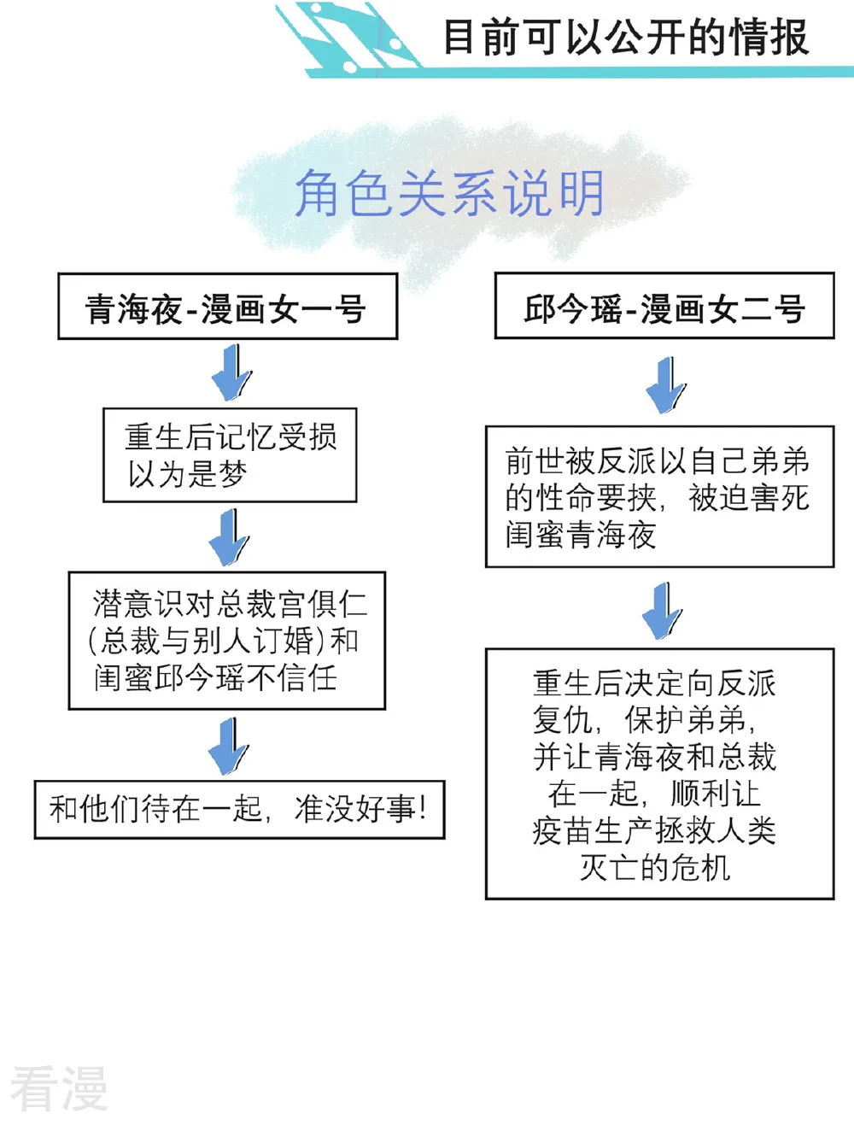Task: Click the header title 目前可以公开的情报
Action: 625,37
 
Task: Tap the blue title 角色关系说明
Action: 449,193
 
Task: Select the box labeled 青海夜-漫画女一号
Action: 227,306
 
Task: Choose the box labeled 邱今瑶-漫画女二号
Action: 664,306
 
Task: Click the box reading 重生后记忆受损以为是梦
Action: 230,455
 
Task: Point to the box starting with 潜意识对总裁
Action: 227,641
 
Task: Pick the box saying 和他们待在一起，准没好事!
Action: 239,809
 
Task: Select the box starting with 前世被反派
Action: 660,496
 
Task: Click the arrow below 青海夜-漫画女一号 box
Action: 232,372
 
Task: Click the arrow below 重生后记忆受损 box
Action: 229,537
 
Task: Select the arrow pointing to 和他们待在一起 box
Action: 229,747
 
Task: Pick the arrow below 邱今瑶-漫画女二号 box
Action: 666,385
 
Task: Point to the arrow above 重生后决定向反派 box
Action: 663,611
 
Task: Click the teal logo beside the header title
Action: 348,38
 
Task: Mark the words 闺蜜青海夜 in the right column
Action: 581,535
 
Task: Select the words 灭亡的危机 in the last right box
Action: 655,868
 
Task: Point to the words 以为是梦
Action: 188,474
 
